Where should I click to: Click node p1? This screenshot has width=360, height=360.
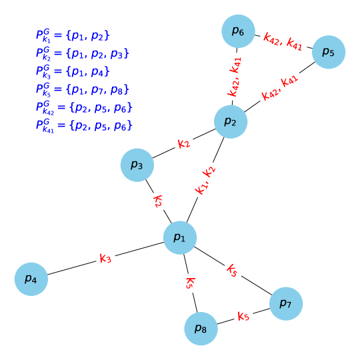point(180,237)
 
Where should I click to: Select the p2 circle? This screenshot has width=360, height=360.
point(231,121)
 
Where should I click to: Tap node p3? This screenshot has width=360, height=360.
point(137,165)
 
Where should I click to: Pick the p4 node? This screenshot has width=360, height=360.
point(31,278)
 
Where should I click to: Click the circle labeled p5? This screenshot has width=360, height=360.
point(328,52)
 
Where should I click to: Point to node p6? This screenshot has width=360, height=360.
point(238,31)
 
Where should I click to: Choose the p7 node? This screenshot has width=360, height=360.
point(286,304)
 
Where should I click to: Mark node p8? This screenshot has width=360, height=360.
point(201,328)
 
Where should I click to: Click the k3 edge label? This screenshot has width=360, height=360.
point(105,258)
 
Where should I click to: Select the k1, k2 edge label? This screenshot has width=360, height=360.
point(205,180)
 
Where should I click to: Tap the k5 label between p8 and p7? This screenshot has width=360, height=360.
point(243,316)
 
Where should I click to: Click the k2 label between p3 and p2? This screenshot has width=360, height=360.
point(184,143)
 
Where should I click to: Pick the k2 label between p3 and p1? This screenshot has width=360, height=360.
point(158,201)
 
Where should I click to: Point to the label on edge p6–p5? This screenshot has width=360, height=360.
point(283,41)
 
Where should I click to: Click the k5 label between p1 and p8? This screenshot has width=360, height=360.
point(190,283)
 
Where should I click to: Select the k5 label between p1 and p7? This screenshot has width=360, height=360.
point(232,270)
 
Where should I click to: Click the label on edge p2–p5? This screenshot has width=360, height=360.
point(280,89)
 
